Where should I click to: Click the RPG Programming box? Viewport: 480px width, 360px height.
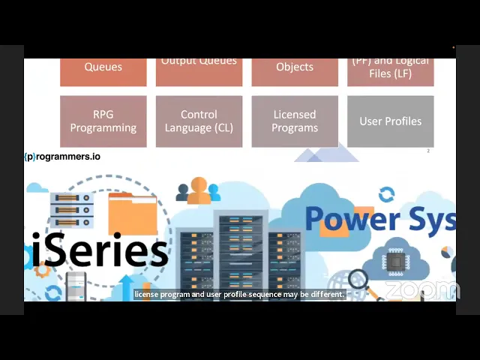point(103,121)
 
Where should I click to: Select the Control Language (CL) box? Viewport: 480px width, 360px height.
point(199,121)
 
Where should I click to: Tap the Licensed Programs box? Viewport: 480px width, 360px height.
point(295,121)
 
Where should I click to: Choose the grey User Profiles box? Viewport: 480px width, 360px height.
point(390,121)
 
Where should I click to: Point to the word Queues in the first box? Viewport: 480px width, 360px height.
point(103,67)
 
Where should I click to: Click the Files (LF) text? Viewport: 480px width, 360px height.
point(390,73)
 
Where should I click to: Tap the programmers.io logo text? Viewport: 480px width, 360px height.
point(62,157)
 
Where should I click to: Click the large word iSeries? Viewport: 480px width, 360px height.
point(100,250)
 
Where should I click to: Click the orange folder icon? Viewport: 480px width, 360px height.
point(133,214)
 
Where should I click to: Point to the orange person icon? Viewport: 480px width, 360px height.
point(199,191)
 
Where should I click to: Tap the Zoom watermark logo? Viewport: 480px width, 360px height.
point(422,289)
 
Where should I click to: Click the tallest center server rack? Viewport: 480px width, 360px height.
point(241,251)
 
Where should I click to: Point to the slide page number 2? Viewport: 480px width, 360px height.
point(428,151)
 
